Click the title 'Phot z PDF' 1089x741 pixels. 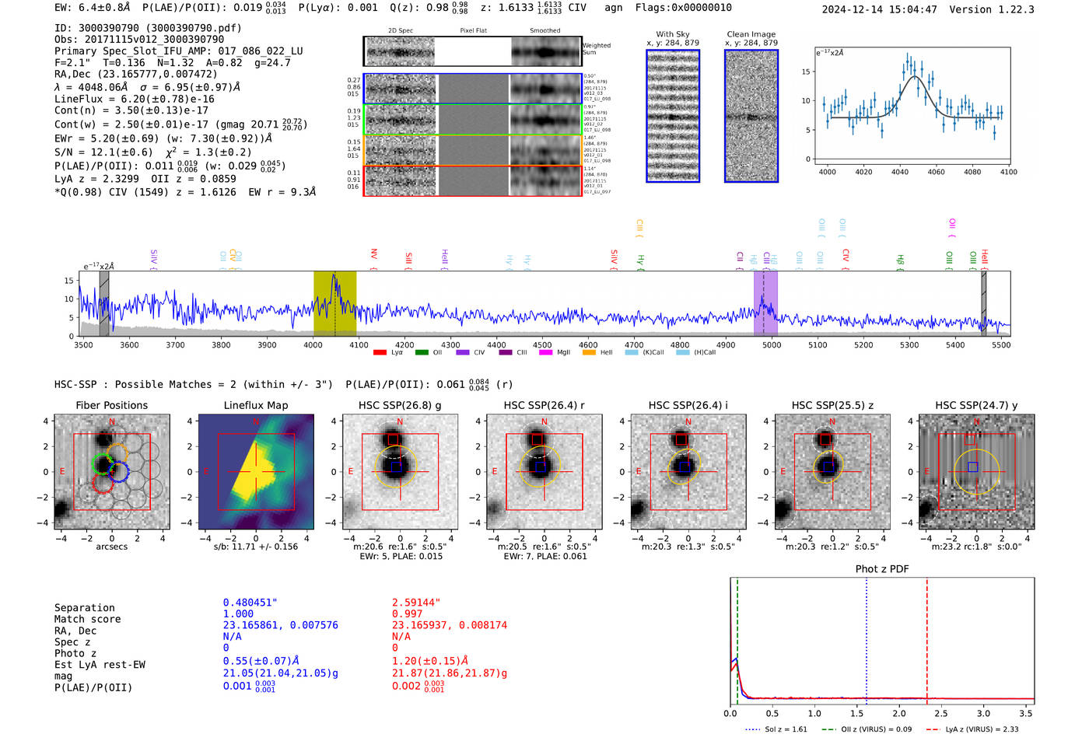(882, 569)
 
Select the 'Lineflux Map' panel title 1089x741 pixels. (256, 405)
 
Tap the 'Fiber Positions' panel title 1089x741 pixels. (112, 405)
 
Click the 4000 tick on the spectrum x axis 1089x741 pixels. (313, 344)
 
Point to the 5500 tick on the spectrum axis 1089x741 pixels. (1001, 344)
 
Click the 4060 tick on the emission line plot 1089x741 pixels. (937, 172)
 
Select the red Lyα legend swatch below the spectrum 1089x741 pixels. (380, 353)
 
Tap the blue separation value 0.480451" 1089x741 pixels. (250, 603)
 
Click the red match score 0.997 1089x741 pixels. (408, 614)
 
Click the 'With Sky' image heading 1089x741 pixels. (673, 34)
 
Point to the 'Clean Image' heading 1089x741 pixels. (751, 34)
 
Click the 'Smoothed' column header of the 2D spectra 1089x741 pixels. (545, 31)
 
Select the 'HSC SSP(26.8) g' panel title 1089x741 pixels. (400, 405)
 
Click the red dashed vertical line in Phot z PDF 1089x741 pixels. (927, 638)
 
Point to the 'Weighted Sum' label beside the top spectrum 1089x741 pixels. (597, 49)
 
